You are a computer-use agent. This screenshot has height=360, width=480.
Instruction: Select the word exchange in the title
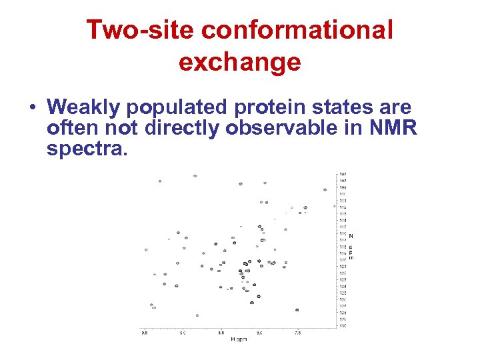pos(239,62)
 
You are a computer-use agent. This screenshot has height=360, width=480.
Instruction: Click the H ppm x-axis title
pos(239,339)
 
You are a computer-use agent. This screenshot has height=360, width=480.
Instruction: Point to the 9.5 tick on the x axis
pos(144,332)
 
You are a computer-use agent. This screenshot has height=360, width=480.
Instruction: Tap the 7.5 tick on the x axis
pos(298,332)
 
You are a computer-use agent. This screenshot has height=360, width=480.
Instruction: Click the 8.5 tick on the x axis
pos(221,332)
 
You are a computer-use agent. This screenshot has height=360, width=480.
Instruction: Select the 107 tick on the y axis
pos(343,175)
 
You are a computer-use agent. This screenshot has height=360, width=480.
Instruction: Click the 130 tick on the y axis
pos(343,325)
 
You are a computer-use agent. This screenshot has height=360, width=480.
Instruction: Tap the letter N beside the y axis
pos(351,236)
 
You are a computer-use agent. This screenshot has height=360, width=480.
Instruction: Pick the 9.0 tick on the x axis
pos(183,332)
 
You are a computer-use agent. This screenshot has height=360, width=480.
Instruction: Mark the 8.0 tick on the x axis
pos(259,332)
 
